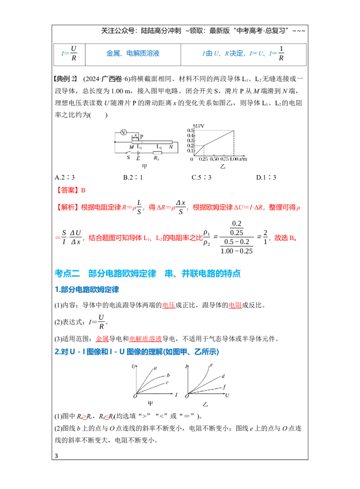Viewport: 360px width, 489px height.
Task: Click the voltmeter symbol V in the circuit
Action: coord(124,132)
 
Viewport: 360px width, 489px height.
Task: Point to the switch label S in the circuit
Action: coord(128,158)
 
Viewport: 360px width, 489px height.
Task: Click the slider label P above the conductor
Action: coord(141,136)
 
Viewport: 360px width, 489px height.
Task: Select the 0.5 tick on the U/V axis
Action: coord(190,131)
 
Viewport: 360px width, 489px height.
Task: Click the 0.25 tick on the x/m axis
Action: coord(203,159)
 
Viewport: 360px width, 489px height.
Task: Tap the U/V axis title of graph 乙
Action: coord(200,126)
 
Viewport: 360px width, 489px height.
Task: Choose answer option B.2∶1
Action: coord(133,177)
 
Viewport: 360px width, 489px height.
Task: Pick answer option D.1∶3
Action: coord(266,177)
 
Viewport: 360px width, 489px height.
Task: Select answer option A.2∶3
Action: coord(64,177)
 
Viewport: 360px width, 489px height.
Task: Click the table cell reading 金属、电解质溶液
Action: coord(133,53)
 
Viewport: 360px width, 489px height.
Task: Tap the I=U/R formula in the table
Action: coord(69,53)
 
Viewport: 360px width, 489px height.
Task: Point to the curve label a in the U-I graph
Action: coord(155,368)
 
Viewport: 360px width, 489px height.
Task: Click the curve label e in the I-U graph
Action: coord(211,365)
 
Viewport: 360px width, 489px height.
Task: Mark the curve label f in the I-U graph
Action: coord(224,387)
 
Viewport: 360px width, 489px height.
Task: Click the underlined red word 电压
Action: coord(169,305)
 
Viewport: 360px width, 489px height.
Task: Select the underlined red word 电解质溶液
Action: coord(145,339)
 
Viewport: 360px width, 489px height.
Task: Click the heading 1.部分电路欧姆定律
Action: coord(87,290)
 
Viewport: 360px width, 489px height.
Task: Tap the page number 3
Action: coord(56,456)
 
